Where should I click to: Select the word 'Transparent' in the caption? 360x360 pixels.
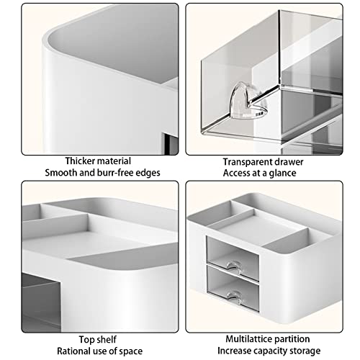pyautogui.click(x=249, y=161)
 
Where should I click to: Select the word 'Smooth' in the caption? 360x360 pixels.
pyautogui.click(x=61, y=173)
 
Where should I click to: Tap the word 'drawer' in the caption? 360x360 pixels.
pyautogui.click(x=289, y=161)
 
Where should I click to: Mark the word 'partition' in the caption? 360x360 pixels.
pyautogui.click(x=292, y=339)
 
